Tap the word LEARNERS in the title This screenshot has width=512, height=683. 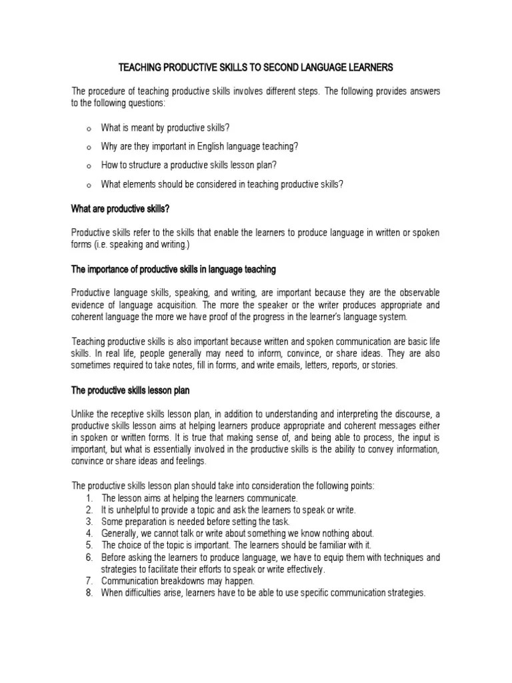[x=369, y=67]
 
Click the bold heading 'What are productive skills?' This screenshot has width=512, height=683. [x=121, y=209]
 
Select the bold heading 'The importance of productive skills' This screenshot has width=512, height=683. [x=173, y=269]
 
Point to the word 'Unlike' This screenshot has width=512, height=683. [x=83, y=412]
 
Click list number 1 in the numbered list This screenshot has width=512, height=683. [x=89, y=498]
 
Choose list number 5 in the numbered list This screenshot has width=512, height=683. [x=89, y=545]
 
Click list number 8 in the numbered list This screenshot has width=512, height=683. [x=89, y=592]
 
